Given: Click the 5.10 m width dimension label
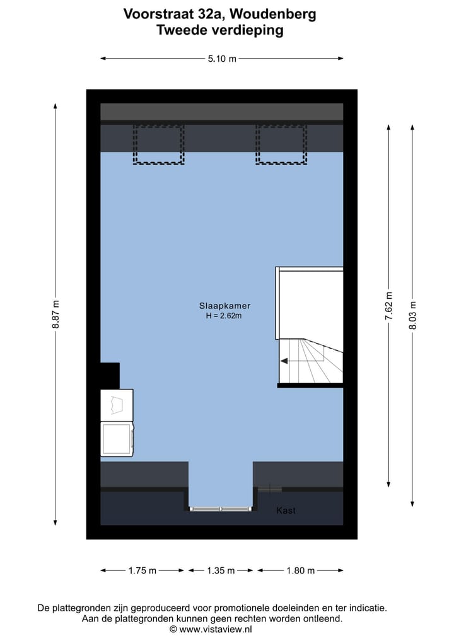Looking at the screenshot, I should click(x=222, y=59).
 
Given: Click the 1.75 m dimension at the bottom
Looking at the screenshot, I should click(x=142, y=570).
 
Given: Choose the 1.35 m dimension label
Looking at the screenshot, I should click(x=221, y=570).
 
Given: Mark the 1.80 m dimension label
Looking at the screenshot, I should click(x=300, y=570).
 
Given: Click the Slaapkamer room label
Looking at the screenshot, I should click(x=221, y=306).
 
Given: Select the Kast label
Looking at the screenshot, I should click(x=286, y=511).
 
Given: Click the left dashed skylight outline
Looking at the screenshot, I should click(x=159, y=144).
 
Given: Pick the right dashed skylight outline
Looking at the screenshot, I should click(x=281, y=144).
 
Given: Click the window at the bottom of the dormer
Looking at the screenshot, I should click(x=221, y=509).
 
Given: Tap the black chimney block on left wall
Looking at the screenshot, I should click(x=110, y=376).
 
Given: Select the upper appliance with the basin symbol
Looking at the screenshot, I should click(x=117, y=404).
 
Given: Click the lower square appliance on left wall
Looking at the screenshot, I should click(x=117, y=437).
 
